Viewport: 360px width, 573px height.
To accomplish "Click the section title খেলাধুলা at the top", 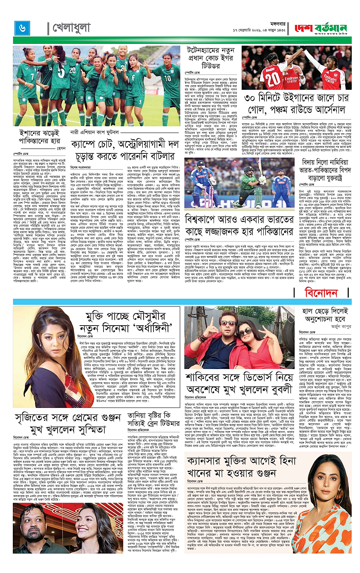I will (x=71, y=28).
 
